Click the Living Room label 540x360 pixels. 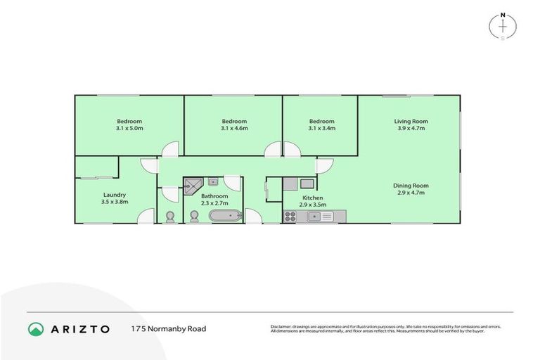tap(411, 122)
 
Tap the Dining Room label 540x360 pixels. tap(411, 186)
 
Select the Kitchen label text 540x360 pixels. tap(313, 198)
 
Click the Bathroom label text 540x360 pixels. tap(214, 196)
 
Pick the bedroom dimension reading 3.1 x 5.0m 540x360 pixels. tap(129, 129)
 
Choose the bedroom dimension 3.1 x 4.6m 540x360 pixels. tap(234, 129)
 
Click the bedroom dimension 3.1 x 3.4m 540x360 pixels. tap(321, 129)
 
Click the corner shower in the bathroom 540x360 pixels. tap(192, 185)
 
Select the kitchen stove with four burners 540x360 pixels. tap(290, 217)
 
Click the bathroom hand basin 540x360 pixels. tap(212, 181)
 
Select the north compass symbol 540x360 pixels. tap(503, 25)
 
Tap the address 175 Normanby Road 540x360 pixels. tap(169, 328)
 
